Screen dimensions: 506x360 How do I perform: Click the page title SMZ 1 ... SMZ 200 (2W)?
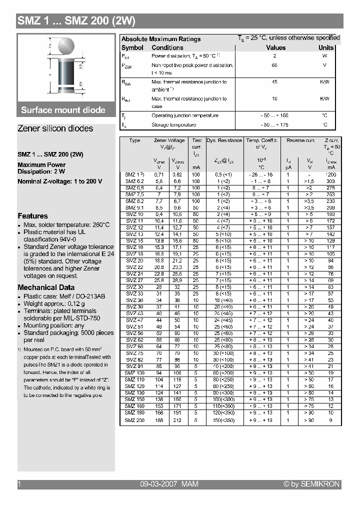pos(76,21)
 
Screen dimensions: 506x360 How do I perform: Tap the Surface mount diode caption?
pos(63,110)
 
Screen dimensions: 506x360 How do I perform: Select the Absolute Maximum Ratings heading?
pos(161,39)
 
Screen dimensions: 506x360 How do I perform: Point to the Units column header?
pos(326,47)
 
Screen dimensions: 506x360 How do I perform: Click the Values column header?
pos(275,47)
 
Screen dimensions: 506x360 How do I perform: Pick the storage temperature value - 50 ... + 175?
pos(274,124)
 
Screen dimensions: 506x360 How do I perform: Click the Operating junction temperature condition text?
pos(184,115)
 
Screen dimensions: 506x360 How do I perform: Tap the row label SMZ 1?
pos(134,174)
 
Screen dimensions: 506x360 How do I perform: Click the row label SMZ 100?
pos(134,373)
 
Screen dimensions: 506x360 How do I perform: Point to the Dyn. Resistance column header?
pos(224,140)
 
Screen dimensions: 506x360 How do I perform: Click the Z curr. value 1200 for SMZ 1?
pos(330,174)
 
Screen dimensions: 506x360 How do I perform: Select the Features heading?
pos(32,216)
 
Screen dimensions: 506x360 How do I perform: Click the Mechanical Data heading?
pos(46,287)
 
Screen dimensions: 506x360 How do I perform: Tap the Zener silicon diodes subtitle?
pos(55,128)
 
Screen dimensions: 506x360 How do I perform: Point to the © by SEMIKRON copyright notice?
pos(311,484)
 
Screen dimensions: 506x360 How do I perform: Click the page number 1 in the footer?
pos(19,484)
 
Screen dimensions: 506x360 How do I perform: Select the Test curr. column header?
pos(197,143)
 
